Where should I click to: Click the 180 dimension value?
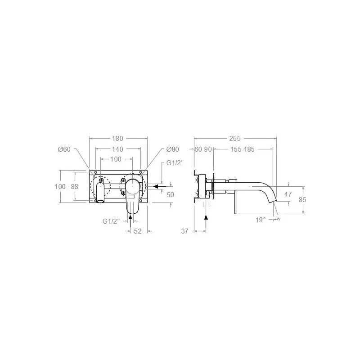117,139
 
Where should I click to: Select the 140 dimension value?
117,149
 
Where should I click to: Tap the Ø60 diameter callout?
64,149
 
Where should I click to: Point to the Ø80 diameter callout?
173,149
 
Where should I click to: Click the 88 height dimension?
74,187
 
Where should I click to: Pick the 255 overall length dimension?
235,139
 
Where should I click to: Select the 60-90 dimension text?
203,149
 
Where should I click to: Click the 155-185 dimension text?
243,149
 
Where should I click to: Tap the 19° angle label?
261,220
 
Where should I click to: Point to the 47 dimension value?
288,194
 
